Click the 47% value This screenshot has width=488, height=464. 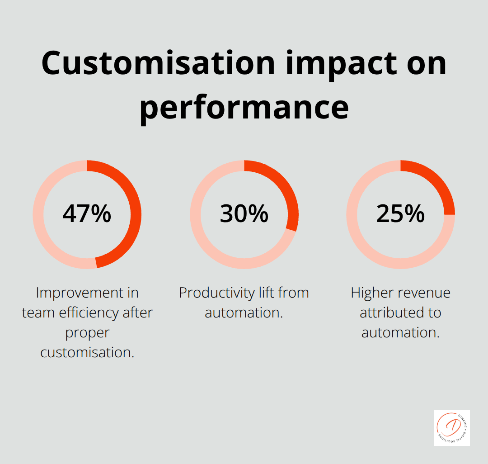click(x=87, y=214)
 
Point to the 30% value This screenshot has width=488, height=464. click(x=244, y=214)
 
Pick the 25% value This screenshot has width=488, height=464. click(x=400, y=214)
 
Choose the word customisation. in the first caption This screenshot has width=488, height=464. click(x=87, y=353)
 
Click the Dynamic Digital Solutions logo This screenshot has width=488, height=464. click(x=451, y=428)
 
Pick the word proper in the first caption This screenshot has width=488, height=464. click(x=87, y=333)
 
